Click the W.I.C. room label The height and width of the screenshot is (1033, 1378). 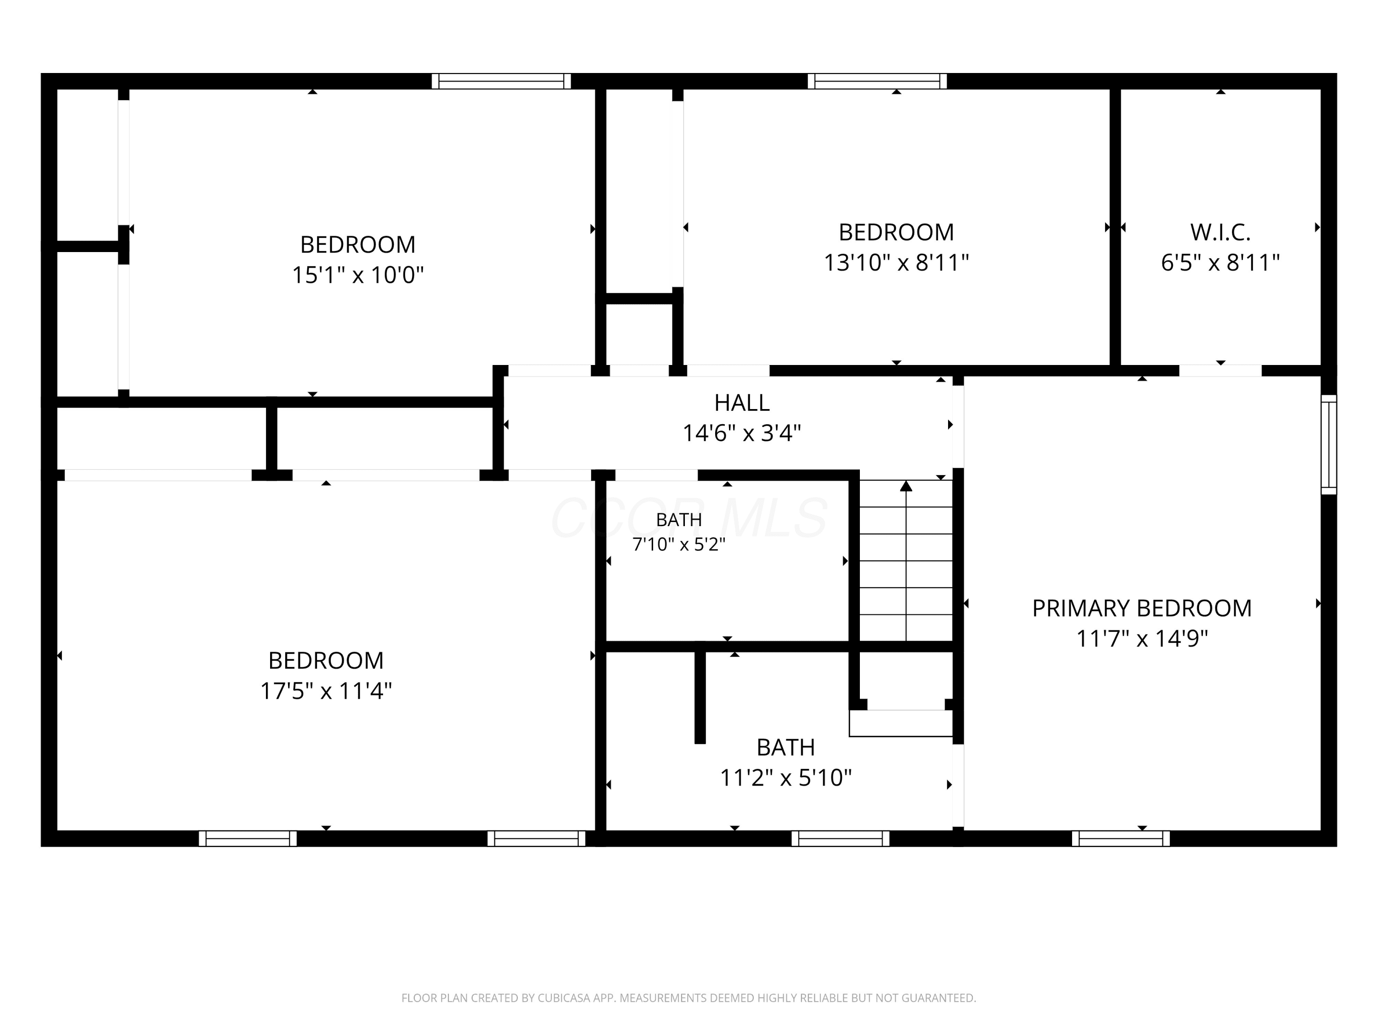pos(1220,232)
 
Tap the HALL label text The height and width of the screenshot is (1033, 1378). pos(742,403)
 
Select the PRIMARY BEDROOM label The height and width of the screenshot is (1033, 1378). pos(1142,608)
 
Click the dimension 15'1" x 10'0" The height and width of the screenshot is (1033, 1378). pos(358,275)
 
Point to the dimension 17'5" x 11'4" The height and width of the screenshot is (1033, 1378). pos(326,691)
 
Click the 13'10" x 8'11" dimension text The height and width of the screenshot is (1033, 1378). pos(897,262)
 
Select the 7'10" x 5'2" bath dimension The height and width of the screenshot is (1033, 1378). pos(679,545)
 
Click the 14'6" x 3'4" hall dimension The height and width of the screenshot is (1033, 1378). pos(742,433)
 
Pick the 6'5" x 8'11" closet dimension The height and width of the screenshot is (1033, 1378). pos(1220,262)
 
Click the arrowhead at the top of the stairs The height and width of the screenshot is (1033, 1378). pos(906,486)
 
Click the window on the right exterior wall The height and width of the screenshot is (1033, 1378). pos(1329,444)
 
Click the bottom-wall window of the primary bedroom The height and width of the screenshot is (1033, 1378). pos(1121,839)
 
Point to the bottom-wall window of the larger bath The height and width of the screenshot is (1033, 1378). pos(841,839)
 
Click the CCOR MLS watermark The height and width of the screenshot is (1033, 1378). pos(689,518)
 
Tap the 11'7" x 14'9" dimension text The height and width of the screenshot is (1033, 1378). pos(1142,638)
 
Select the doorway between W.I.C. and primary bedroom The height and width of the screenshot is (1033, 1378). pos(1220,371)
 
